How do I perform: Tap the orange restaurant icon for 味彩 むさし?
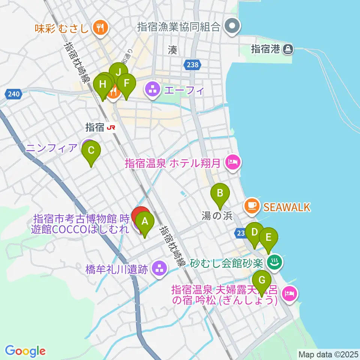100,27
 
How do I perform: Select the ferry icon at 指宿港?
288,48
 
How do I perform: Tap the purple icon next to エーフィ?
152,90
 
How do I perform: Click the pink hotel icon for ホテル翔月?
232,163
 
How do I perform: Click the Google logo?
25,351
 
